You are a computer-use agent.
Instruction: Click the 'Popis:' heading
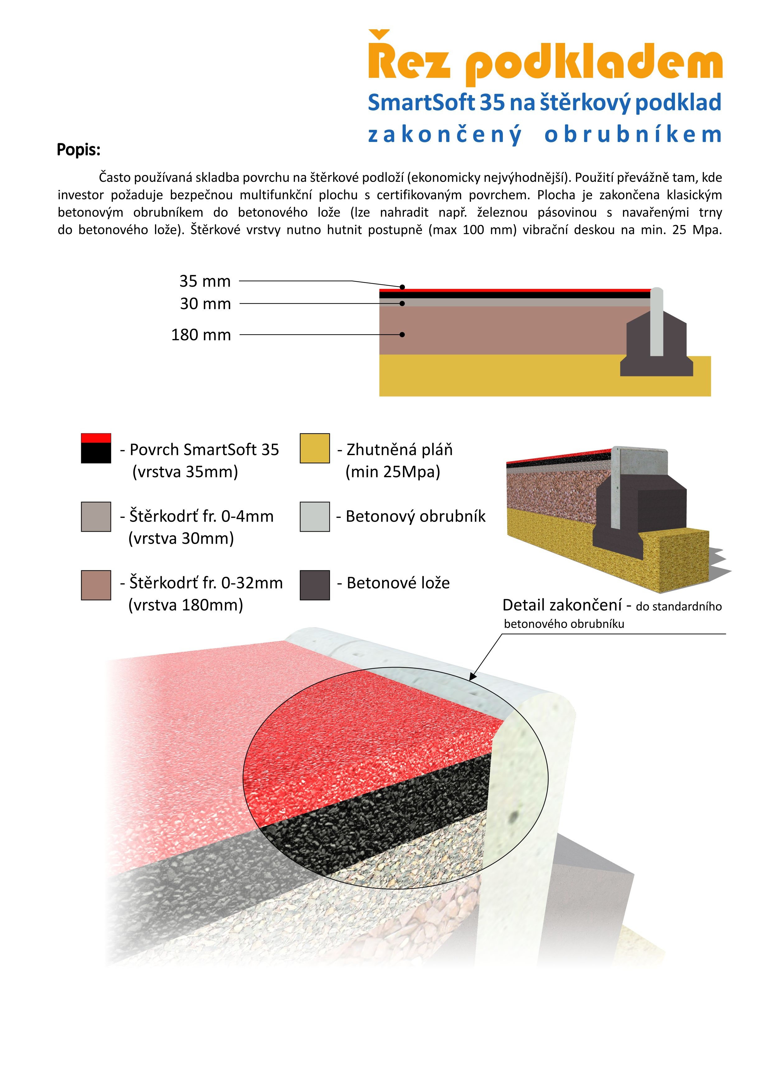tap(78, 150)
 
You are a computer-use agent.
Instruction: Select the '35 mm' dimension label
tap(205, 282)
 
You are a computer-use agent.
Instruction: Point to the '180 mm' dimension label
tap(201, 335)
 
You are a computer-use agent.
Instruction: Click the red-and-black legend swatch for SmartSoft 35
tap(96, 448)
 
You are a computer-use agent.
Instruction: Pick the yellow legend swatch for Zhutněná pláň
tap(315, 448)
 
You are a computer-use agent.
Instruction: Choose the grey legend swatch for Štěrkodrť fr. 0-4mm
tap(96, 516)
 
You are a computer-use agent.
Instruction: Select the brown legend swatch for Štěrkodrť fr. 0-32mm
tap(96, 585)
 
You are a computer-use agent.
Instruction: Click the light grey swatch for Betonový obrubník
tap(315, 516)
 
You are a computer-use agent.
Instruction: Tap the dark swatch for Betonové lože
tap(315, 585)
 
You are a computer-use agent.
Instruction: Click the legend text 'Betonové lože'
tap(398, 583)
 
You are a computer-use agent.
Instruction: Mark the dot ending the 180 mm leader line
tap(402, 335)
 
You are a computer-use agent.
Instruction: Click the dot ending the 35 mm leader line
tap(402, 287)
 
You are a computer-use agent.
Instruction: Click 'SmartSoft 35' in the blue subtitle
tap(436, 103)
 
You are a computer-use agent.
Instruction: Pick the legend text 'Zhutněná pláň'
tap(399, 450)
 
